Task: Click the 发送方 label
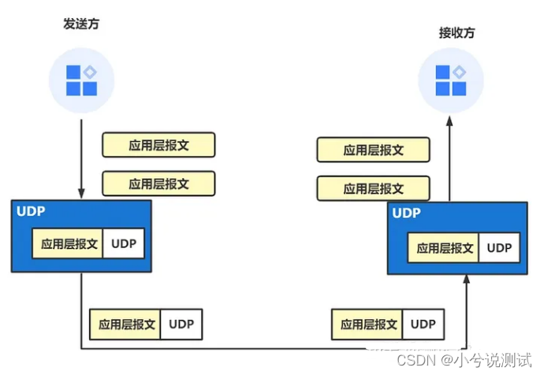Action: [81, 24]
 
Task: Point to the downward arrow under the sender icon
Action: [81, 158]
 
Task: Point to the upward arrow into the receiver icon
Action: [449, 158]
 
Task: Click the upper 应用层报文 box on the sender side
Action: [158, 145]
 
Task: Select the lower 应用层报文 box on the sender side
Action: [158, 184]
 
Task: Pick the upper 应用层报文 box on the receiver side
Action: [373, 150]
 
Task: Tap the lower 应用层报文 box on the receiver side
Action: [373, 188]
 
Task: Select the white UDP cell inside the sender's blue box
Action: [124, 244]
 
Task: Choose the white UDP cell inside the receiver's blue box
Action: [499, 248]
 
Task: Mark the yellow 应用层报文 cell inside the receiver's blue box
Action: [444, 248]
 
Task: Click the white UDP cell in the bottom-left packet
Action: [181, 324]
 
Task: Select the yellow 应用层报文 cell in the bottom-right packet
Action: [367, 324]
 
